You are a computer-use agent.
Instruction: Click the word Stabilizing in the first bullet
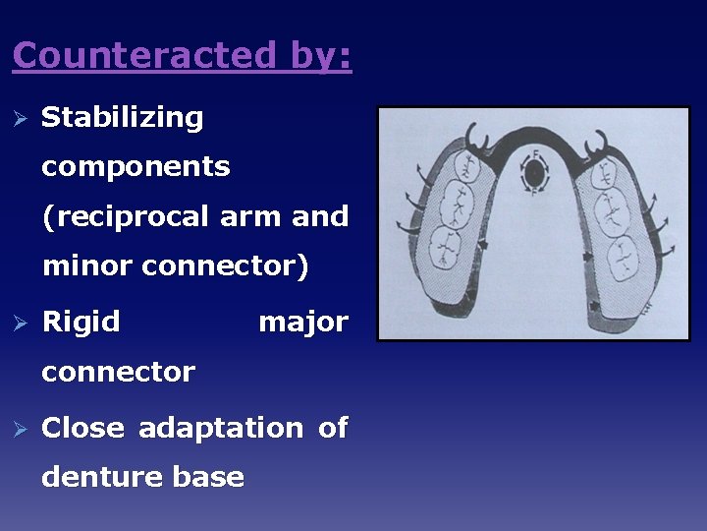123,118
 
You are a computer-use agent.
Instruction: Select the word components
136,167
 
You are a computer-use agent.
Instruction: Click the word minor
87,265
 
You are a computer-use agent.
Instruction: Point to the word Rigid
81,322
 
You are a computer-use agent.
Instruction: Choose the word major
302,322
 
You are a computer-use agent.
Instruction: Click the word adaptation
221,428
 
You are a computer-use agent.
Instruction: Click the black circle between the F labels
533,175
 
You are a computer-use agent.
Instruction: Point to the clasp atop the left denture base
478,137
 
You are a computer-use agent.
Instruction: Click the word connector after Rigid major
118,372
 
